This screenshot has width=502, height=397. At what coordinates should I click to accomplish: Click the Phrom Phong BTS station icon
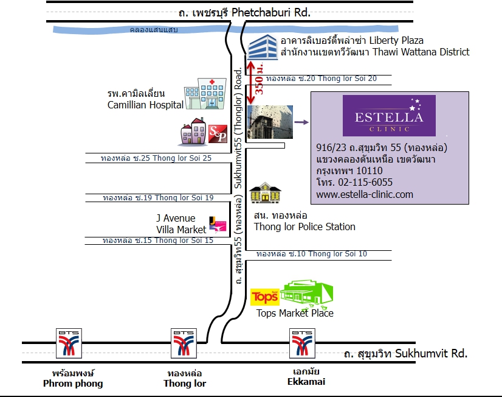[69, 343]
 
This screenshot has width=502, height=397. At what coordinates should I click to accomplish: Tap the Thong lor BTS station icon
[184, 343]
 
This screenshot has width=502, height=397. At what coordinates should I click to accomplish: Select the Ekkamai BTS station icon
[302, 343]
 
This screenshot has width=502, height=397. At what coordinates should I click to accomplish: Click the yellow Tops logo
[265, 297]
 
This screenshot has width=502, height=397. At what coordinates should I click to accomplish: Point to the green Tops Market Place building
[307, 293]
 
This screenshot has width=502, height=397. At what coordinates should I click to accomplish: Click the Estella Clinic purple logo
[389, 116]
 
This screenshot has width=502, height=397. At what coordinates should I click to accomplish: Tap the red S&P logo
[218, 134]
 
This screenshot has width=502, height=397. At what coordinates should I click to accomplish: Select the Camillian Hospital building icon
[205, 93]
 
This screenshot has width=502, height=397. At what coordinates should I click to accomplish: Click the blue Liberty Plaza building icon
[263, 47]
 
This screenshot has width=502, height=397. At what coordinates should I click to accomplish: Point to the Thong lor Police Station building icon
[265, 193]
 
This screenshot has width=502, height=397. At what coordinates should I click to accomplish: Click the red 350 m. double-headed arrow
[251, 83]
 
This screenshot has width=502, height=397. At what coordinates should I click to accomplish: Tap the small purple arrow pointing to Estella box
[301, 122]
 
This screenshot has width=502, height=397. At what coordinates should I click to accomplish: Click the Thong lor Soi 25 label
[156, 158]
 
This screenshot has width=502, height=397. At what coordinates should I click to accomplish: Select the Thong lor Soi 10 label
[312, 254]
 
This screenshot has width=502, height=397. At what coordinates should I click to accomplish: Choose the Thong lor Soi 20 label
[321, 79]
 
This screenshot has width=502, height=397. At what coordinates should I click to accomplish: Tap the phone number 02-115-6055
[365, 182]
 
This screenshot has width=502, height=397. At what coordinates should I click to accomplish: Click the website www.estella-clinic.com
[365, 194]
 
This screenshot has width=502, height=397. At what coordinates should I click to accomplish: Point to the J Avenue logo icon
[218, 224]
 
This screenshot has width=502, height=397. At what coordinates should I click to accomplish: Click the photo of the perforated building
[270, 122]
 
